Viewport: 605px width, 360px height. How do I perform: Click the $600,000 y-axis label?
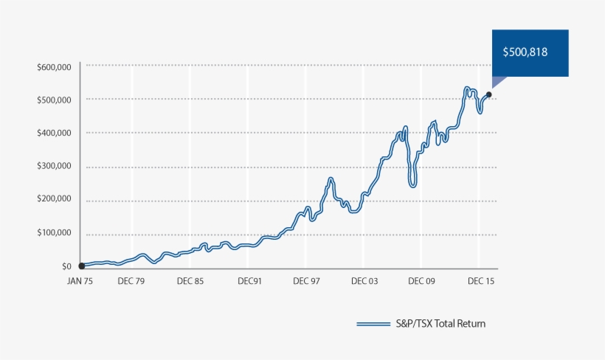coord(53,67)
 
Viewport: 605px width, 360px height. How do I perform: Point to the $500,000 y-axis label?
coord(53,100)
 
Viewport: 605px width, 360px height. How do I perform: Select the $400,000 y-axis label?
coord(53,133)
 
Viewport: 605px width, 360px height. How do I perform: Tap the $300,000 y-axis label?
coord(53,166)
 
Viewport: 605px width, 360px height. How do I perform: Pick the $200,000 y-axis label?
coord(53,199)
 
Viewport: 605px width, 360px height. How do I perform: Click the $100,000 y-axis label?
coord(53,233)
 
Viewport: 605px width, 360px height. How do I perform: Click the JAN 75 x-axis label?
coord(81,281)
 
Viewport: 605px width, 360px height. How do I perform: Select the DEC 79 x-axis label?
coord(131,281)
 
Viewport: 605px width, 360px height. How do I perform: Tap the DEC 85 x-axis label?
coord(190,281)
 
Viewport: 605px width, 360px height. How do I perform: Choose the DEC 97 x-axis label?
coord(306,281)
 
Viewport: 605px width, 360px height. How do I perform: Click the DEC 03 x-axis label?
coord(364,281)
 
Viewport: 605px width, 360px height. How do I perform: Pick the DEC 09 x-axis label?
coord(421,281)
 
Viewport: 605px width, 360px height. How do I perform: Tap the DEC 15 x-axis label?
coord(480,281)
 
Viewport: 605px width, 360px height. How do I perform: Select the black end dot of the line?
coord(489,94)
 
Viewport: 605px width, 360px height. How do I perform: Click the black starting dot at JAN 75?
coord(81,266)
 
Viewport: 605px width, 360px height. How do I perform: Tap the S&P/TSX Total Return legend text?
coord(440,324)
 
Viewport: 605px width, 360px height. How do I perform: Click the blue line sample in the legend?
coord(373,324)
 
